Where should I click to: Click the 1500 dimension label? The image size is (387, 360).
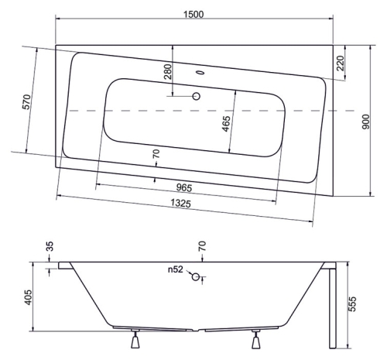click(193, 14)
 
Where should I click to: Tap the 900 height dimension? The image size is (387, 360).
click(366, 122)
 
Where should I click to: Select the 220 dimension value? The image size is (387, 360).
click(341, 63)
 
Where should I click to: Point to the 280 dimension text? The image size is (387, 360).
click(167, 71)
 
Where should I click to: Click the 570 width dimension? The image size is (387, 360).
click(27, 102)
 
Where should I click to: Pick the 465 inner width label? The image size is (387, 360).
click(226, 124)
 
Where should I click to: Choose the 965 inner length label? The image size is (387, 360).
click(184, 187)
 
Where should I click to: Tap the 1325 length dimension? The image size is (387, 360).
click(180, 204)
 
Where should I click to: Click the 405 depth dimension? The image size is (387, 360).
click(28, 297)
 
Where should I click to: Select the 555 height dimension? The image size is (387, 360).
click(352, 304)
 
